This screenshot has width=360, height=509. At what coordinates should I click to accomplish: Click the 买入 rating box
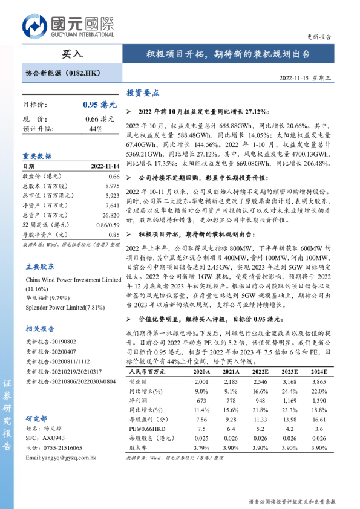[x=72, y=53]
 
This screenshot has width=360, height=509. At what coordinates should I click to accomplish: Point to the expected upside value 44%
[x=96, y=129]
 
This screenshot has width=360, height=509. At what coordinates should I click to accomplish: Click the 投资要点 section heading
[x=143, y=93]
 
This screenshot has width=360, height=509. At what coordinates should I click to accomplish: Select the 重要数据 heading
[x=37, y=155]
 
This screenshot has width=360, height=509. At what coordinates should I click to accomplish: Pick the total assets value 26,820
[x=111, y=215]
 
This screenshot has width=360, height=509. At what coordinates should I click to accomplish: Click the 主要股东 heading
[x=40, y=266]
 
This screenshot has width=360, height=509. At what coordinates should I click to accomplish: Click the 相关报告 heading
[x=40, y=329]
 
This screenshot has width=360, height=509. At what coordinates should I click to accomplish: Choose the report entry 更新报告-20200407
[x=51, y=351]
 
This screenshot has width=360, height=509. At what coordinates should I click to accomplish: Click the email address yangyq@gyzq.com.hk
[x=61, y=458]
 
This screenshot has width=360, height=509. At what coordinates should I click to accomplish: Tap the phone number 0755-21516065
[x=65, y=448]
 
